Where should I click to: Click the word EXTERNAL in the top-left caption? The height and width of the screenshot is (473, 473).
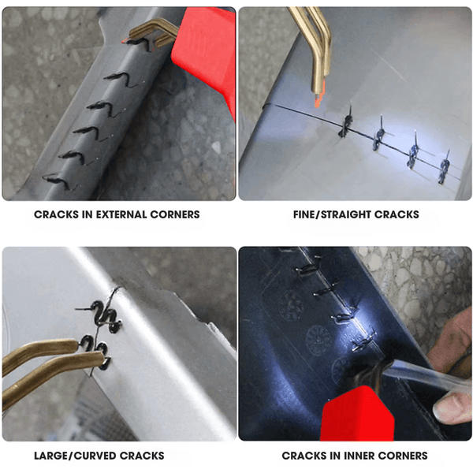(121, 214)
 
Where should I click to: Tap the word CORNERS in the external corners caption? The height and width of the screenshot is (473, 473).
(175, 214)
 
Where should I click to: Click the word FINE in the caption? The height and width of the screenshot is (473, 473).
(304, 214)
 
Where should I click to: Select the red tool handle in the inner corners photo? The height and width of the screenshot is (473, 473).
(357, 415)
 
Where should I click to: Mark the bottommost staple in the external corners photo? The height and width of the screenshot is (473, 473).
(58, 181)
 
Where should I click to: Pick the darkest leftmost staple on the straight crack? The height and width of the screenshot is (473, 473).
(347, 122)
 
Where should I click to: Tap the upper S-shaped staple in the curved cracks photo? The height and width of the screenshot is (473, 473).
(106, 315)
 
